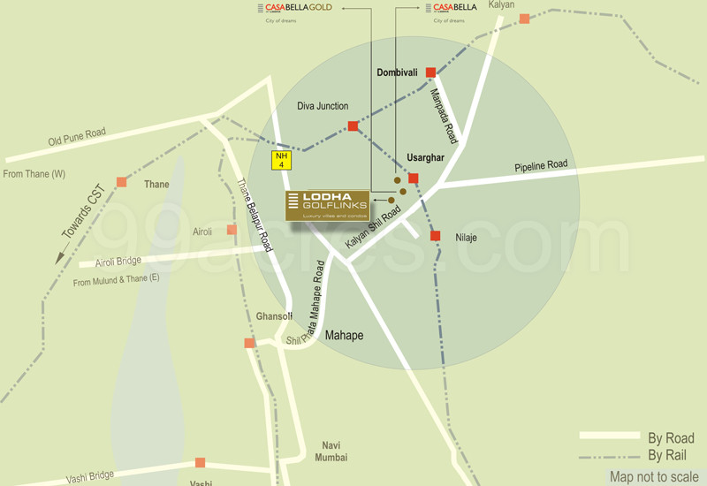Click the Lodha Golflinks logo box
click(x=327, y=205)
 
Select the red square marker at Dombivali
click(x=430, y=72)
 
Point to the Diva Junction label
click(x=323, y=107)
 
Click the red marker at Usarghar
click(x=413, y=178)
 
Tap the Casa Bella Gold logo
click(x=299, y=8)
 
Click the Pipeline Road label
click(x=542, y=165)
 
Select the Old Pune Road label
click(x=77, y=138)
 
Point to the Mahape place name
click(x=344, y=336)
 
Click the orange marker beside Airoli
click(x=232, y=230)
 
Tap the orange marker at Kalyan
click(x=524, y=19)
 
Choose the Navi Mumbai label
click(x=331, y=451)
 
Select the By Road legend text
click(x=671, y=438)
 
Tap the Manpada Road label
click(x=445, y=116)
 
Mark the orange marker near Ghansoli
click(x=249, y=343)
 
